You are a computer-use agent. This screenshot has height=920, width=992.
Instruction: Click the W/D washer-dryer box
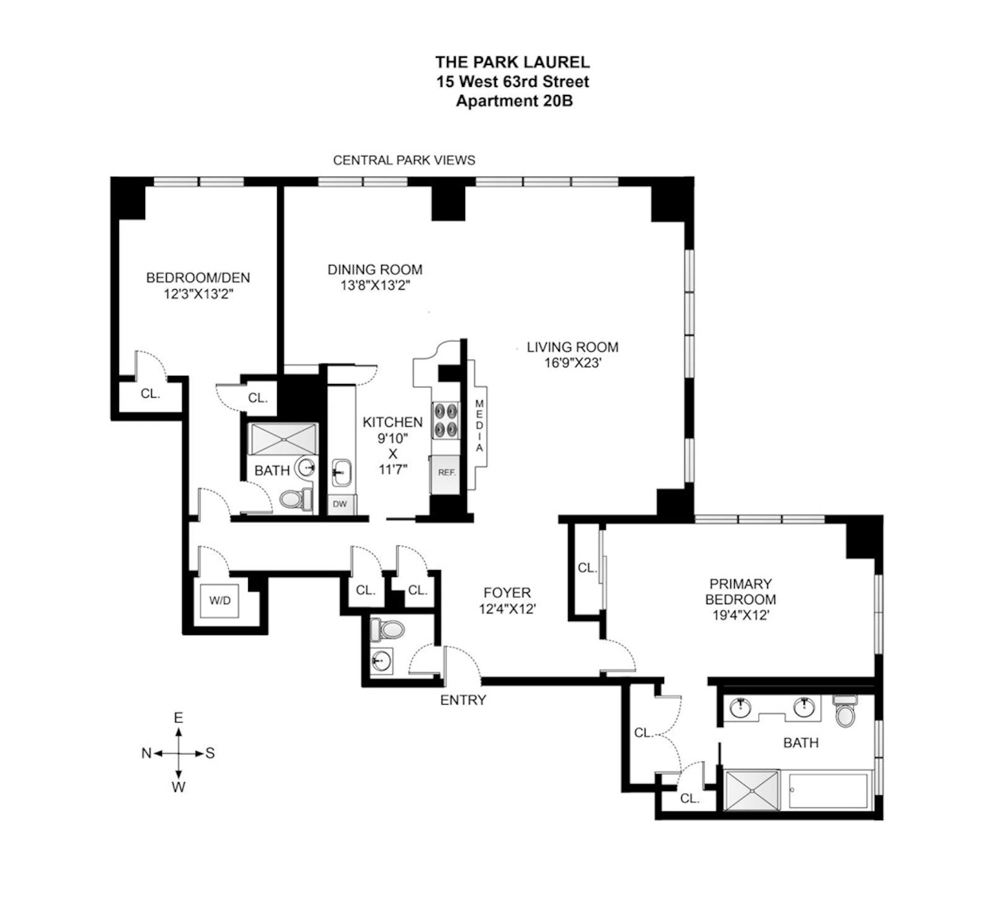click(x=220, y=601)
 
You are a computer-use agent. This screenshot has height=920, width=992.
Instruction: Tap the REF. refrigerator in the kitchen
click(x=446, y=473)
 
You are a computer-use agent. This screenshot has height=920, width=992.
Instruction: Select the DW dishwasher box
click(x=340, y=504)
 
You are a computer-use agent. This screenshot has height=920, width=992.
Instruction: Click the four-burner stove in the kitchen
click(x=446, y=420)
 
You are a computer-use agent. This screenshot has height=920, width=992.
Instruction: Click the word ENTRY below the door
click(x=463, y=700)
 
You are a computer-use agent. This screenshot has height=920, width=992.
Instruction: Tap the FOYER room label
click(x=507, y=593)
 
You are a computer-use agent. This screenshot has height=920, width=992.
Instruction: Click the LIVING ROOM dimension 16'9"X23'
click(x=573, y=363)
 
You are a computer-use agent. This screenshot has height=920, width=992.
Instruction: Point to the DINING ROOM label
click(x=375, y=270)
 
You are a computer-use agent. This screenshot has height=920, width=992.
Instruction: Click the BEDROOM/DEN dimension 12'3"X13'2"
click(x=198, y=293)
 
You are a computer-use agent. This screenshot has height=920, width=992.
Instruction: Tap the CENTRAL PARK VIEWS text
click(x=404, y=161)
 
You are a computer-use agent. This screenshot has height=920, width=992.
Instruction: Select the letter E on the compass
click(x=179, y=718)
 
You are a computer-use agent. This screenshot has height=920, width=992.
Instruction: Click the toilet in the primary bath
click(x=844, y=711)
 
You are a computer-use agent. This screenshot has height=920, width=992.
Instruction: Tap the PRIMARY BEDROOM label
click(x=740, y=592)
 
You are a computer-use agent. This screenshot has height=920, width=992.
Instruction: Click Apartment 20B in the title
click(x=513, y=101)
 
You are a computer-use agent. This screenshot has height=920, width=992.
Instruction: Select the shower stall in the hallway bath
click(x=283, y=440)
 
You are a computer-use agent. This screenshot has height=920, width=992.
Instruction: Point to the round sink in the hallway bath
click(x=305, y=468)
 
